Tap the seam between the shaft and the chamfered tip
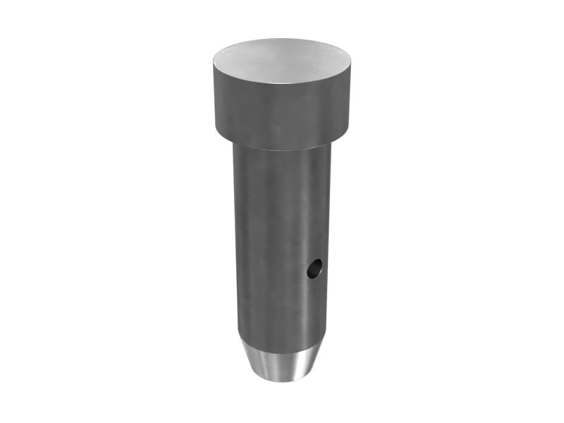coord(281,344)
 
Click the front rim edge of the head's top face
coord(282,84)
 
